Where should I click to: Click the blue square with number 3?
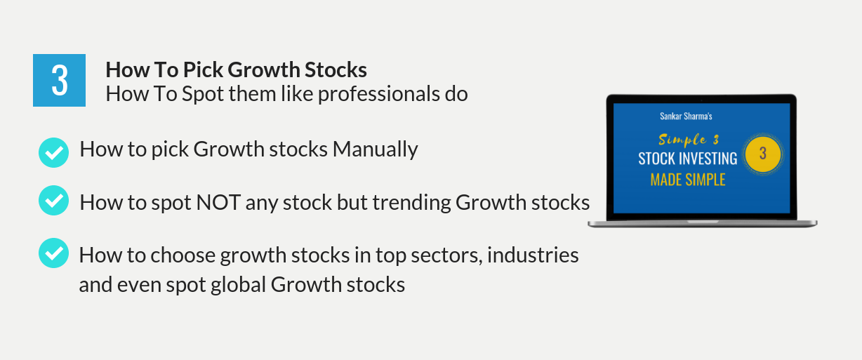pyautogui.click(x=59, y=80)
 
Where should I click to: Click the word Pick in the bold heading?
pyautogui.click(x=203, y=69)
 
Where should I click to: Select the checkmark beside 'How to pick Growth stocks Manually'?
pyautogui.click(x=53, y=152)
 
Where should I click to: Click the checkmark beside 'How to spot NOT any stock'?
pyautogui.click(x=53, y=201)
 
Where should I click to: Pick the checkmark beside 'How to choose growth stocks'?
pyautogui.click(x=53, y=253)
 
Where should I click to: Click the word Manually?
pyautogui.click(x=376, y=149)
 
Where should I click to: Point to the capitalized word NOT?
pyautogui.click(x=218, y=202)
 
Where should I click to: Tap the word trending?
pyautogui.click(x=412, y=203)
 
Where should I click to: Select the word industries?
pyautogui.click(x=533, y=255)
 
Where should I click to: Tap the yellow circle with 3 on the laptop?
pyautogui.click(x=763, y=154)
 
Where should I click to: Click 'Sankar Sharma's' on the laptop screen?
pyautogui.click(x=686, y=116)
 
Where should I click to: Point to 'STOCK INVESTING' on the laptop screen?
pyautogui.click(x=688, y=159)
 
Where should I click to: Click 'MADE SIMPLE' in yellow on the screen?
pyautogui.click(x=688, y=180)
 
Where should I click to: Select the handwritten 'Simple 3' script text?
pyautogui.click(x=689, y=140)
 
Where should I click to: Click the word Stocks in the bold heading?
pyautogui.click(x=336, y=69)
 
